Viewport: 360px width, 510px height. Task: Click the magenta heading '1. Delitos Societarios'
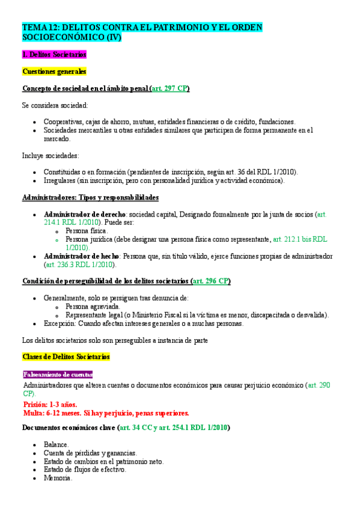[x=54, y=54]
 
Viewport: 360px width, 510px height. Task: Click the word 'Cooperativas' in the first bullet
[x=64, y=121]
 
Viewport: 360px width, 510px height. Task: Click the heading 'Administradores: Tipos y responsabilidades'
[x=90, y=197]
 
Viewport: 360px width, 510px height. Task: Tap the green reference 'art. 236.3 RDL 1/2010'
[x=81, y=264]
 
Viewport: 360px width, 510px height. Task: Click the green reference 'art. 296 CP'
[x=210, y=281]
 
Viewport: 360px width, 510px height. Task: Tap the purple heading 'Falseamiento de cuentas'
[x=58, y=374]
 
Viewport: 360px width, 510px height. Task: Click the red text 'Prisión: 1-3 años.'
[x=50, y=404]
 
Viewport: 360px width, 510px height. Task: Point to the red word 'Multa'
[x=33, y=413]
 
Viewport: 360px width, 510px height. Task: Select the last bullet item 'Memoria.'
[x=58, y=478]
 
